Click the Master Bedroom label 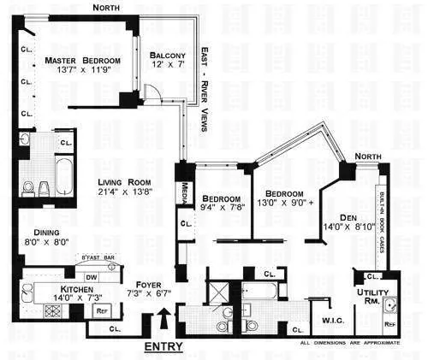pos(83,60)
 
